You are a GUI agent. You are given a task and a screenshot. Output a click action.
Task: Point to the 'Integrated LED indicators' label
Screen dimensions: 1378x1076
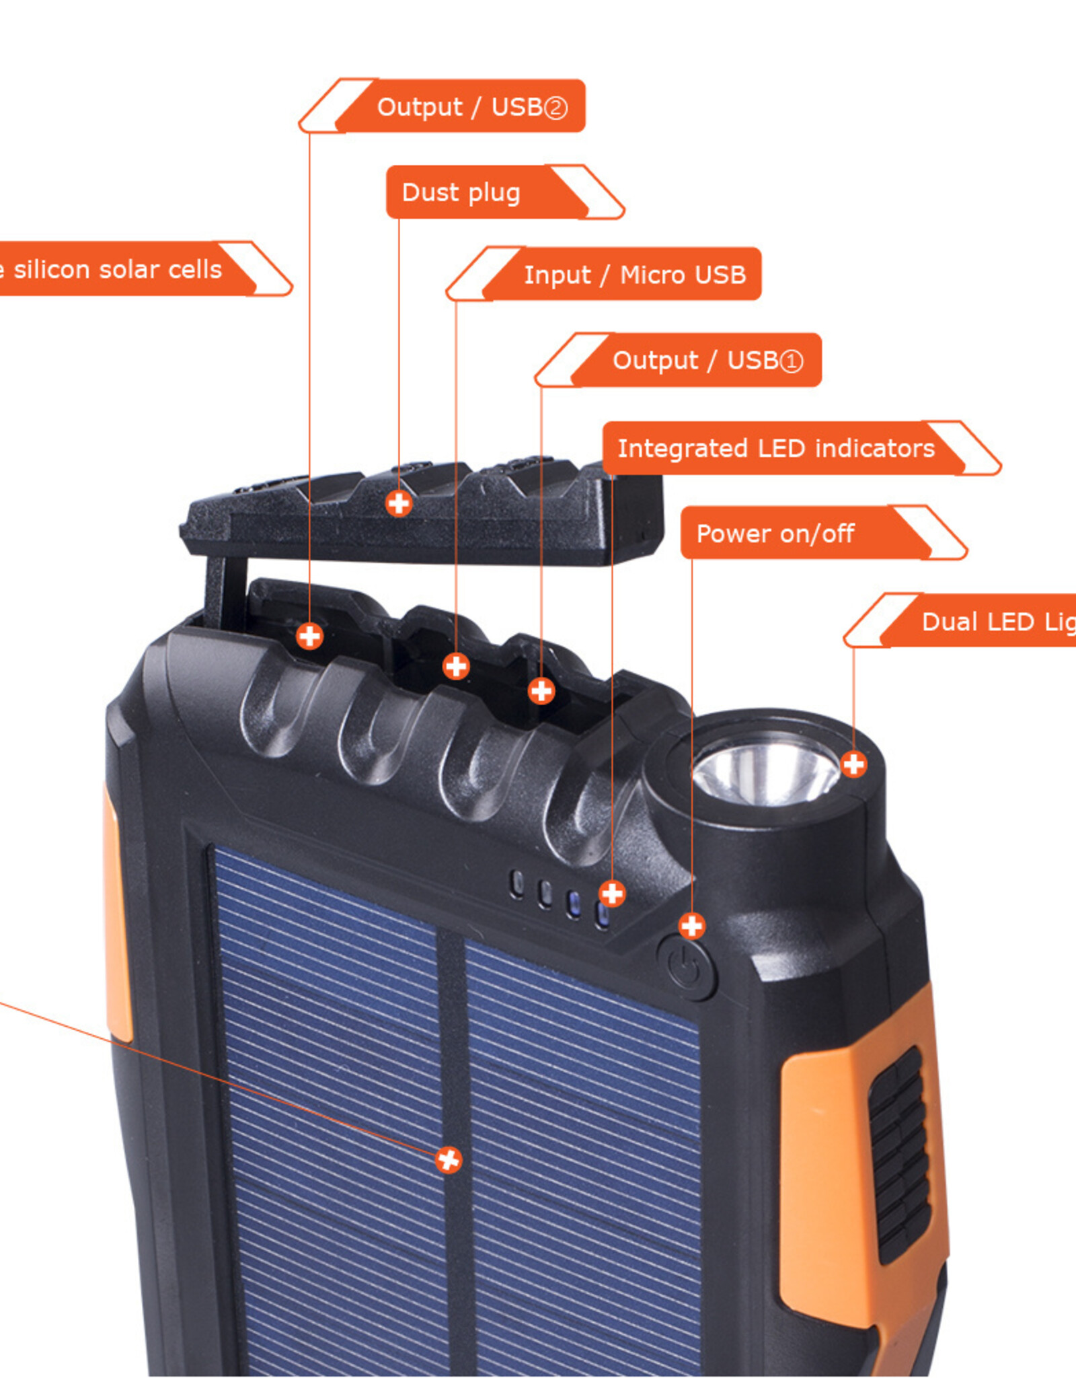[777, 448]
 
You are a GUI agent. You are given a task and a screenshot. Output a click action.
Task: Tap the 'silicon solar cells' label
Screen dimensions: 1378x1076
[118, 269]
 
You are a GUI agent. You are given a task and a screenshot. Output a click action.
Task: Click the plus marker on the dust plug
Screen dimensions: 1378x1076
[399, 503]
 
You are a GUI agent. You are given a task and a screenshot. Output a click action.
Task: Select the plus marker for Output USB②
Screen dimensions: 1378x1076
[309, 636]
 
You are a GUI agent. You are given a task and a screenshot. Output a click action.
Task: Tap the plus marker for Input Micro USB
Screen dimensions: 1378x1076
[456, 666]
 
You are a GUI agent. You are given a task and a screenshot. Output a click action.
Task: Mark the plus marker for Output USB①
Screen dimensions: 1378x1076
[541, 690]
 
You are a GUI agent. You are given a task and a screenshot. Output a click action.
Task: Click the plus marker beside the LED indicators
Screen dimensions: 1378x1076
[612, 894]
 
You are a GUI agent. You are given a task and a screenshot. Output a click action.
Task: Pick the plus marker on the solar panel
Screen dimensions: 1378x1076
[448, 1160]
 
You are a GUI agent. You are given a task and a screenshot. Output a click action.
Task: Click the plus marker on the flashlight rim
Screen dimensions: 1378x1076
[853, 764]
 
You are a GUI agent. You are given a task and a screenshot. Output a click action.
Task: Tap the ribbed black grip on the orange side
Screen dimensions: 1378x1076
[898, 1154]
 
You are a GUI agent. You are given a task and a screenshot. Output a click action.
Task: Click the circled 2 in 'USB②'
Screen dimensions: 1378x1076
[555, 108]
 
